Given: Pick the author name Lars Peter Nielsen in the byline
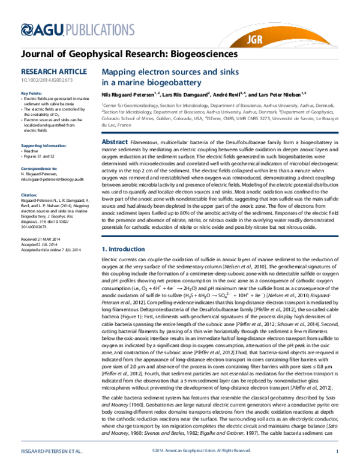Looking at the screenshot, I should pyautogui.click(x=280, y=94).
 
